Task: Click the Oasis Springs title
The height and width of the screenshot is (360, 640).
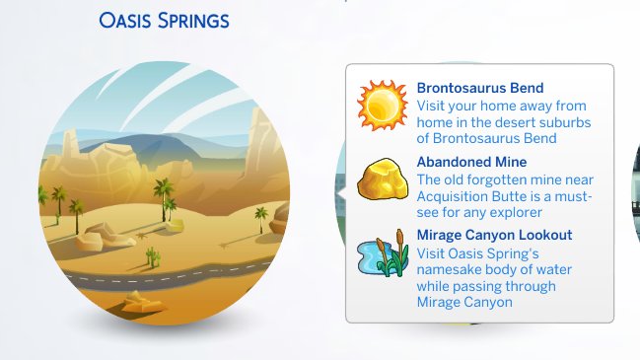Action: (164, 20)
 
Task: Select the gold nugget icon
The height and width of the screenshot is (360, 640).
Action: (376, 182)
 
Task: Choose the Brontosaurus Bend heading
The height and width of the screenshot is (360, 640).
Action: (480, 88)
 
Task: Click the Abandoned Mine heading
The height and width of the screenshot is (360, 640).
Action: (471, 162)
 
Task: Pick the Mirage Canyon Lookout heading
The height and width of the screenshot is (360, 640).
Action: (494, 236)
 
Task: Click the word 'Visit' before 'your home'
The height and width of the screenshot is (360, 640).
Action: (433, 105)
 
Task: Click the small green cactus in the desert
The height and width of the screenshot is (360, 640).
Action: (153, 256)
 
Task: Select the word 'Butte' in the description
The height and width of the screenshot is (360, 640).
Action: (519, 195)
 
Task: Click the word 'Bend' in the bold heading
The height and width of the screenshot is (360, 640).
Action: (528, 88)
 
